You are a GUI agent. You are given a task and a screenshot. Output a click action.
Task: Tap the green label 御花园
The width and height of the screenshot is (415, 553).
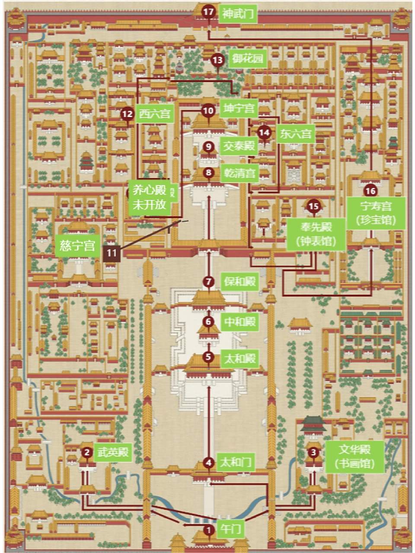click(247, 59)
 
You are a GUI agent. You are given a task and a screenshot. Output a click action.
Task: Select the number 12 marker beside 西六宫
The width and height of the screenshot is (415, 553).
click(127, 114)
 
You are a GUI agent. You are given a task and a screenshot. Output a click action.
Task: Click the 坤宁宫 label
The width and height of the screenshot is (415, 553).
click(239, 108)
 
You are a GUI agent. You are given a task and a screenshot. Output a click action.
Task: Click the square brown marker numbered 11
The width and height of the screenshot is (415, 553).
click(112, 252)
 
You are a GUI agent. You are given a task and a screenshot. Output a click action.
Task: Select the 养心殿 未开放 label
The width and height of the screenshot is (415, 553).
click(150, 197)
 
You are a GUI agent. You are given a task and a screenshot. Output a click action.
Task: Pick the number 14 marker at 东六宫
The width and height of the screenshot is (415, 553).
click(264, 133)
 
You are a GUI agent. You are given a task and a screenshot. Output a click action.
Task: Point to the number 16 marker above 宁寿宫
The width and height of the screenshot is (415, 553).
click(370, 191)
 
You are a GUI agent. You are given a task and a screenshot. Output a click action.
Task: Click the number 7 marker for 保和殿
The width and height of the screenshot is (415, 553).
click(209, 282)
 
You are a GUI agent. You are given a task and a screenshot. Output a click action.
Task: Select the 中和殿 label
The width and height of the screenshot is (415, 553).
click(239, 321)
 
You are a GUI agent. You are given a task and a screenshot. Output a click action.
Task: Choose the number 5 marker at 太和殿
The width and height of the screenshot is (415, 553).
click(209, 357)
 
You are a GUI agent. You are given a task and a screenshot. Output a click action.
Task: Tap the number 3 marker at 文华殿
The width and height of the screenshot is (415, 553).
click(313, 452)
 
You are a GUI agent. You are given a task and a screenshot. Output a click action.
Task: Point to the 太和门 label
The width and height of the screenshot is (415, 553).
click(236, 463)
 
